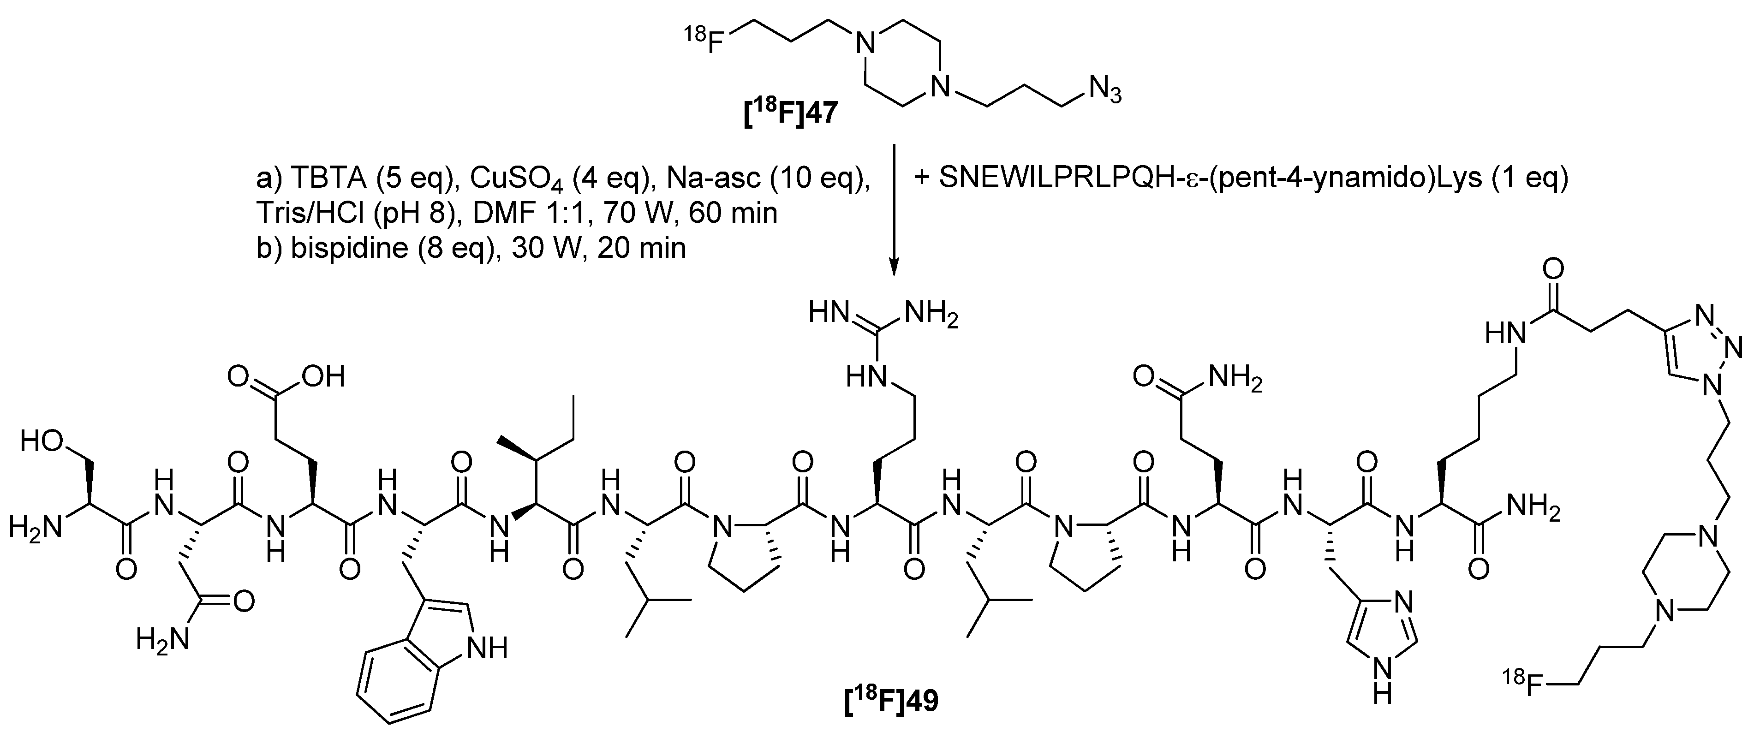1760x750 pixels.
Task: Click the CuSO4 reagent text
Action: tap(501, 179)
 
